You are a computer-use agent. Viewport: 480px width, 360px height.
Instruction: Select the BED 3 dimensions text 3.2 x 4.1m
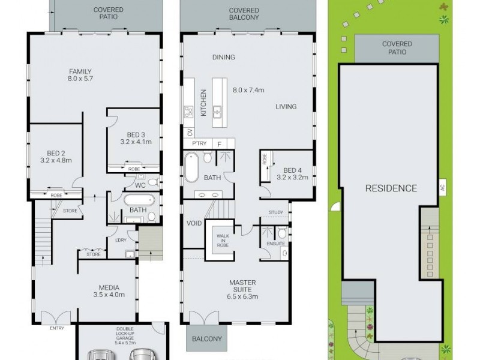pyautogui.click(x=136, y=142)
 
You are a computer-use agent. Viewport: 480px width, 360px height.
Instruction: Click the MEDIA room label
pyautogui.click(x=109, y=287)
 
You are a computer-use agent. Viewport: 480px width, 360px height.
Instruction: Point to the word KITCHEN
pyautogui.click(x=203, y=103)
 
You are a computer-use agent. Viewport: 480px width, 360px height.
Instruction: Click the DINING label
pyautogui.click(x=223, y=58)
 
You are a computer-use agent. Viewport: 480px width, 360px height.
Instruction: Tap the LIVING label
pyautogui.click(x=286, y=107)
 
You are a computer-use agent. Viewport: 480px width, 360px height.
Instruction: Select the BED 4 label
pyautogui.click(x=295, y=170)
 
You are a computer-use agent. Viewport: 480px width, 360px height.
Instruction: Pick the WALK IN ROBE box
pyautogui.click(x=223, y=240)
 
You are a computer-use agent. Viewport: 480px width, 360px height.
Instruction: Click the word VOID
pyautogui.click(x=194, y=223)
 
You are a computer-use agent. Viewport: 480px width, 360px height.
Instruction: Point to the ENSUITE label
pyautogui.click(x=276, y=244)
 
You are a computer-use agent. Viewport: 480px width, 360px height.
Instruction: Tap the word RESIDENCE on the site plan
pyautogui.click(x=391, y=188)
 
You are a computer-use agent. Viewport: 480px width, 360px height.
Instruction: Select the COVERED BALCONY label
pyautogui.click(x=244, y=14)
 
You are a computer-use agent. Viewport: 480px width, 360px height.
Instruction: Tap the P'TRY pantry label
pyautogui.click(x=199, y=144)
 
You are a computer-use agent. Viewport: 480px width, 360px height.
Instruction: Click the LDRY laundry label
pyautogui.click(x=120, y=241)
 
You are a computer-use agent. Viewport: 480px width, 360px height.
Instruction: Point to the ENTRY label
pyautogui.click(x=57, y=328)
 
